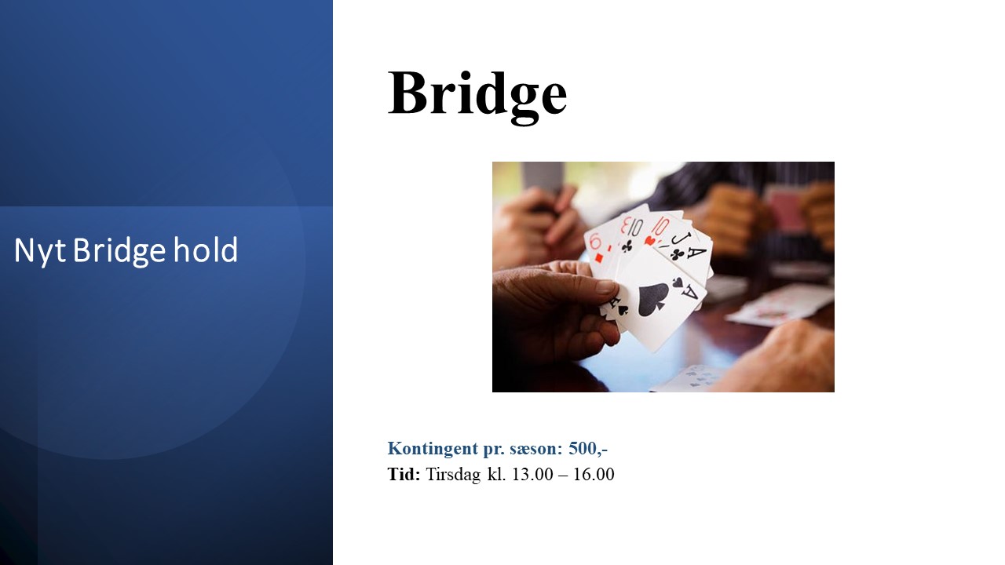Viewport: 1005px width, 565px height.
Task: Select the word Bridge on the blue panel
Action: click(119, 251)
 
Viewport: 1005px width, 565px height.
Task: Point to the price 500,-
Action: click(588, 448)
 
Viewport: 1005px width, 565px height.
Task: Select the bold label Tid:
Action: click(404, 474)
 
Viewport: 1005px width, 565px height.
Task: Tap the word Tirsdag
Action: click(453, 475)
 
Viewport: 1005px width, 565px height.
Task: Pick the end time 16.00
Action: click(594, 475)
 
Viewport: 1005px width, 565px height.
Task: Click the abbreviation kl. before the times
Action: click(497, 474)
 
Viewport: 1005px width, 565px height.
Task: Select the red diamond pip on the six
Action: click(598, 258)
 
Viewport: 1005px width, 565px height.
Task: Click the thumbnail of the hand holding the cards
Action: click(663, 277)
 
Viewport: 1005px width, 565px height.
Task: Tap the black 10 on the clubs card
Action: click(634, 228)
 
